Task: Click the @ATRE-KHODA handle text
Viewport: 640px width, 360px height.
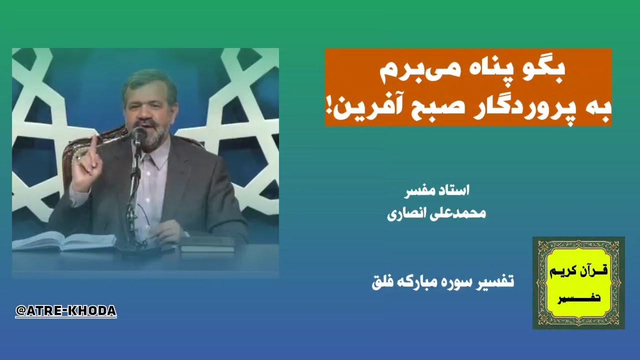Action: tap(66, 311)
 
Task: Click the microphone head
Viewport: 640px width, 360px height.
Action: tap(139, 134)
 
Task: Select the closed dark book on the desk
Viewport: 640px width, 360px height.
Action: tap(207, 244)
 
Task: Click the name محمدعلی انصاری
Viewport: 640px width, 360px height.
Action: tap(436, 213)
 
